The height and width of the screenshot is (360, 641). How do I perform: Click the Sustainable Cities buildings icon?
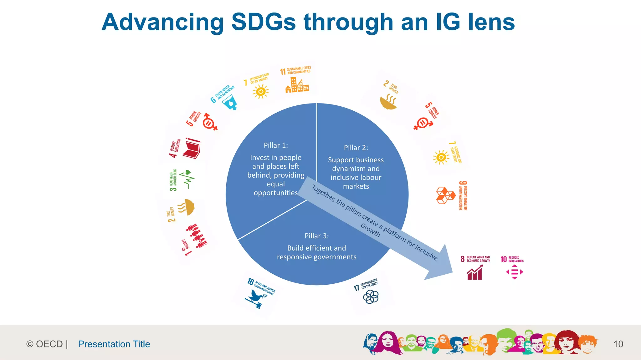(297, 85)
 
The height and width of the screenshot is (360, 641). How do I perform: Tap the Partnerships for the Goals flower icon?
(371, 297)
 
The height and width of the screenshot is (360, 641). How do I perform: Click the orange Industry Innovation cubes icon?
(445, 195)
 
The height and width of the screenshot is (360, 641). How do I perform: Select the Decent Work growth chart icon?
(474, 272)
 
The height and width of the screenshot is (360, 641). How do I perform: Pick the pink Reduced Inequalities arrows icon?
(515, 272)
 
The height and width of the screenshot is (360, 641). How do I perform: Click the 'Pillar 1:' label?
(276, 145)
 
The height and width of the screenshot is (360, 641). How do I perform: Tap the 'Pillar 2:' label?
(356, 148)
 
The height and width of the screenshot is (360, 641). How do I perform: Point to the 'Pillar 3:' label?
(317, 236)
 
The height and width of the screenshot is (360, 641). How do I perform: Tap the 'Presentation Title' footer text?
(114, 344)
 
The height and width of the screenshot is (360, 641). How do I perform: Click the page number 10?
(618, 344)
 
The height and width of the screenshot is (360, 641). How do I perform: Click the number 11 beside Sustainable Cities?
(283, 72)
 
